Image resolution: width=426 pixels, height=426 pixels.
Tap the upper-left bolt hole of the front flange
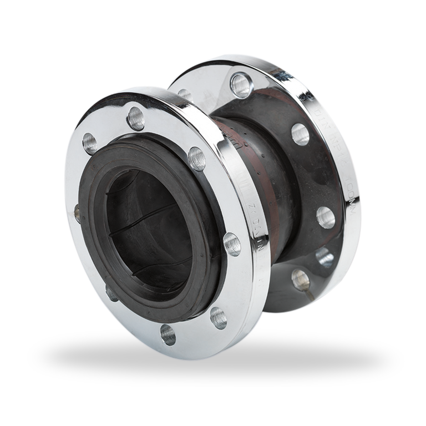point(90,144)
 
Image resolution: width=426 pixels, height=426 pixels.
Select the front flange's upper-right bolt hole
point(196,159)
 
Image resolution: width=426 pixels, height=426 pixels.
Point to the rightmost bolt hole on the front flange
point(232,245)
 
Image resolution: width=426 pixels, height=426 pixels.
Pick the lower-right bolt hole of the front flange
point(218,317)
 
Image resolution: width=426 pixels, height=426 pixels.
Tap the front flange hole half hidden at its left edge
point(77,211)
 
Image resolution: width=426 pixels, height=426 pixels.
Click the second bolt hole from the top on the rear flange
point(300,134)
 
